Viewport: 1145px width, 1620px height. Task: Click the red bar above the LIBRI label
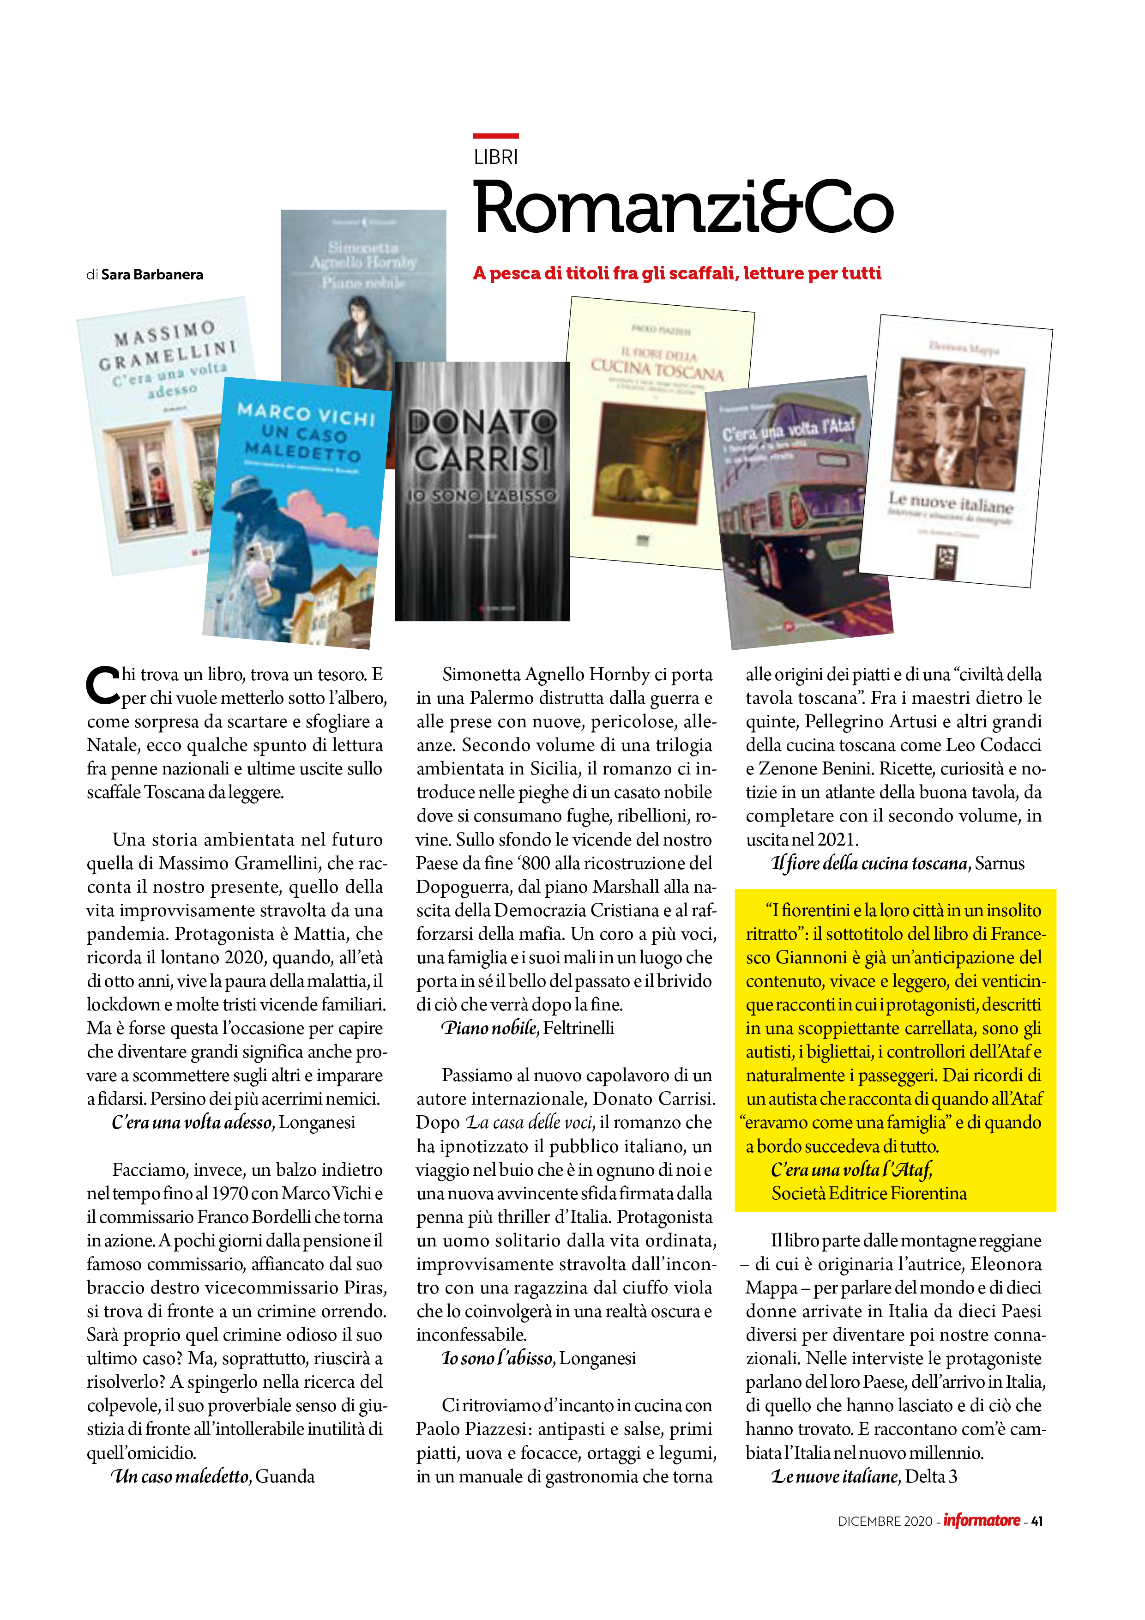pos(495,135)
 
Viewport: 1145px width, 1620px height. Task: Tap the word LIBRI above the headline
pos(495,157)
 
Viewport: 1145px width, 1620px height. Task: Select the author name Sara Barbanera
pos(152,274)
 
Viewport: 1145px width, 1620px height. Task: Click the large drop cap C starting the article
pos(102,684)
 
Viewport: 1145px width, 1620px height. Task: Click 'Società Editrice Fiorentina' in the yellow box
pos(868,1193)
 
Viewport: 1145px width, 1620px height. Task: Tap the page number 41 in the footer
pos(1037,1521)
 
